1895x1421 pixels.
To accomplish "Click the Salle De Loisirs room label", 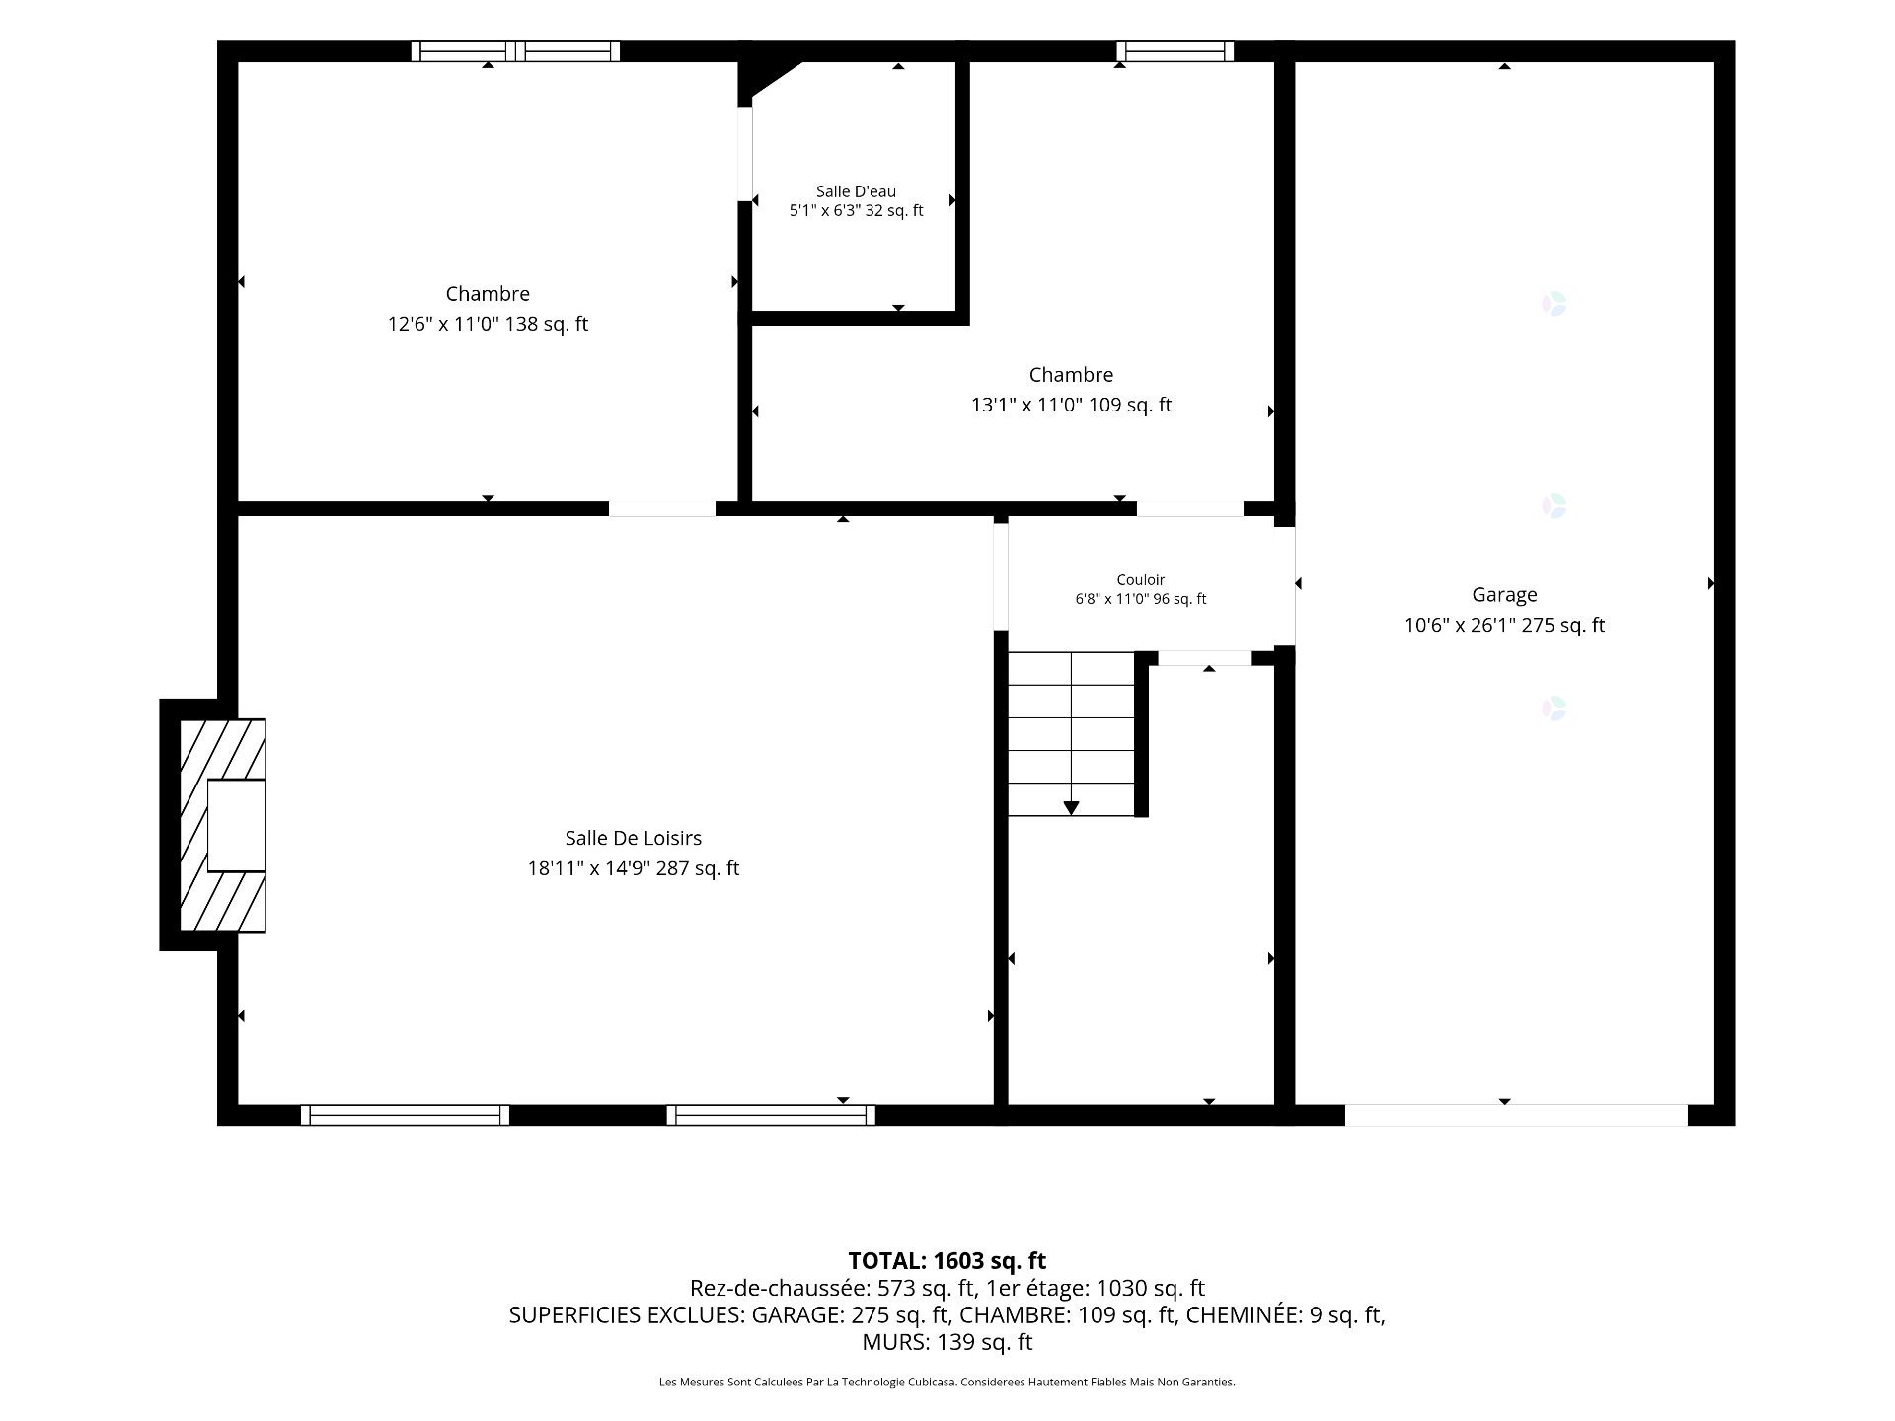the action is pyautogui.click(x=633, y=838).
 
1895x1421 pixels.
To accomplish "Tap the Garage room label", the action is pyautogui.click(x=1504, y=595).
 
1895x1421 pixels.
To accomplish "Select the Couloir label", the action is pyautogui.click(x=1141, y=580).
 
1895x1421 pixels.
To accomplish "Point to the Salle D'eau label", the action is pyautogui.click(x=856, y=191).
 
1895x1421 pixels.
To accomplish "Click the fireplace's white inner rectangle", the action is pyautogui.click(x=237, y=825).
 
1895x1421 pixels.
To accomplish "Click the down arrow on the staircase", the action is pyautogui.click(x=1071, y=808).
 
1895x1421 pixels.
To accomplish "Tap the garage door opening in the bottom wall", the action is pyautogui.click(x=1516, y=1115).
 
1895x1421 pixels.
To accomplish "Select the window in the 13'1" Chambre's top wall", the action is pyautogui.click(x=1175, y=51).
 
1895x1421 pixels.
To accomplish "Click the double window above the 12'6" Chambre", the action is pyautogui.click(x=515, y=51).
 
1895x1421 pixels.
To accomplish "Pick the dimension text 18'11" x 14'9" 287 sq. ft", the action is pyautogui.click(x=633, y=868).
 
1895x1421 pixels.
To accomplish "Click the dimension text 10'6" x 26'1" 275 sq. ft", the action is pyautogui.click(x=1504, y=625).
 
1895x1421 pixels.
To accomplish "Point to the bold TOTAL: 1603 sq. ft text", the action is pyautogui.click(x=947, y=1260).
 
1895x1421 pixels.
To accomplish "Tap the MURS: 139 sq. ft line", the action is pyautogui.click(x=947, y=1342).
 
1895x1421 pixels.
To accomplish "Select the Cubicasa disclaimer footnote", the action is pyautogui.click(x=947, y=1382).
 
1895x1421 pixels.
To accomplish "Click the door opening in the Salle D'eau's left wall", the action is pyautogui.click(x=745, y=154).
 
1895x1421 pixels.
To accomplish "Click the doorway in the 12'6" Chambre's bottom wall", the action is pyautogui.click(x=661, y=509).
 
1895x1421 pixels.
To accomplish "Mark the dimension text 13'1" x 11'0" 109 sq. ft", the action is pyautogui.click(x=1071, y=405).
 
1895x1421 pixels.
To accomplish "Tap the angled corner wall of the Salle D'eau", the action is pyautogui.click(x=776, y=78).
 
